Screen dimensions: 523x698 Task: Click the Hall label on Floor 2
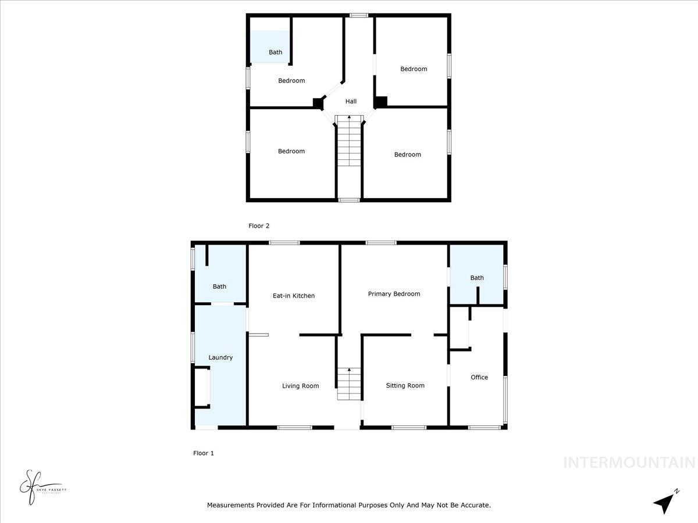pos(351,101)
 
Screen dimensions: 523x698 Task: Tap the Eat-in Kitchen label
pos(294,296)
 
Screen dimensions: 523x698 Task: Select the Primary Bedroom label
pos(394,294)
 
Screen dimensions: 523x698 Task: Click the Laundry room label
pos(220,357)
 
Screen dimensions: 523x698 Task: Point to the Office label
pos(479,377)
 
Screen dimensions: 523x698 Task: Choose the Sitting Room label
pos(405,385)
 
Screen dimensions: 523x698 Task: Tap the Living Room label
pos(300,386)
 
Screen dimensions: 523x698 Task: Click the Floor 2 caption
pos(259,226)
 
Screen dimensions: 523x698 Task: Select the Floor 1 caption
pos(204,453)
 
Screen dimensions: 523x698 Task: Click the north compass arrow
pos(664,502)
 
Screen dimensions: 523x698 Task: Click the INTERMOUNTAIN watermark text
pos(629,463)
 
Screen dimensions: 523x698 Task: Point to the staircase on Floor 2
pos(349,142)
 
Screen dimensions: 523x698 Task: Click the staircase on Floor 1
pos(349,384)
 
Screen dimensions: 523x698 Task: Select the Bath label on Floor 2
pos(275,52)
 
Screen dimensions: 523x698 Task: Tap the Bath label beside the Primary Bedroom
pos(477,278)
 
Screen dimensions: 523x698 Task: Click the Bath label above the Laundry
pos(219,286)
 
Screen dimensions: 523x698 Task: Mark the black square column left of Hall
pos(318,103)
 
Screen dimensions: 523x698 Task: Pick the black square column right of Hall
pos(380,102)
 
